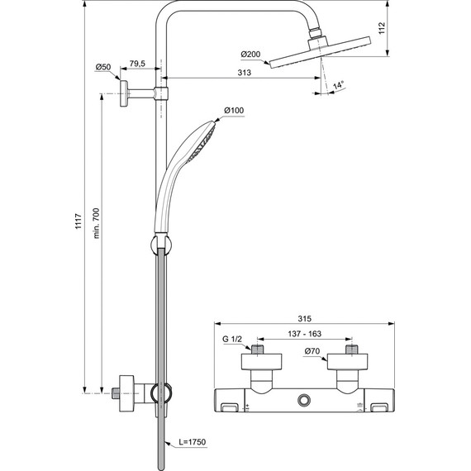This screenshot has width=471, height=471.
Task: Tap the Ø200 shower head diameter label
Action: pyautogui.click(x=250, y=55)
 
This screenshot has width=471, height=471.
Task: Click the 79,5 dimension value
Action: pyautogui.click(x=138, y=64)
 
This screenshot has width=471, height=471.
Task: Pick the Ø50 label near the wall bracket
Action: pyautogui.click(x=103, y=66)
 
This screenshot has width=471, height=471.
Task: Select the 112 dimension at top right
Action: pyautogui.click(x=407, y=28)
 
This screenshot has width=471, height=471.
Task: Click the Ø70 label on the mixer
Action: pyautogui.click(x=312, y=353)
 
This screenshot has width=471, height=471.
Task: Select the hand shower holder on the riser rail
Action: pyautogui.click(x=158, y=245)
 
